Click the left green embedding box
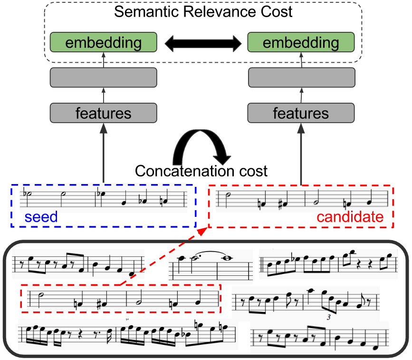point(103,43)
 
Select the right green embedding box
point(300,43)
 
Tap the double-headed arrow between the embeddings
point(202,44)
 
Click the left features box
point(103,113)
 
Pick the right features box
point(301,113)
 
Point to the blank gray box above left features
point(103,78)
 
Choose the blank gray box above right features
point(301,78)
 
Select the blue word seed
point(41,217)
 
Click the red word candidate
point(350,217)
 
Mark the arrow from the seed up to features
point(103,152)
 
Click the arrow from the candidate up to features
point(301,152)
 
